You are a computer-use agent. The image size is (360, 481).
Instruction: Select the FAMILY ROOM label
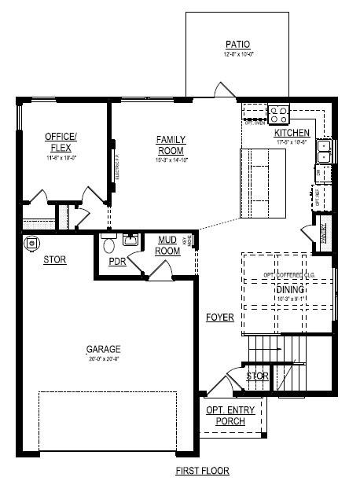(x=171, y=145)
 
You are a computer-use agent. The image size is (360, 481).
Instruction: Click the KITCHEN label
(x=292, y=133)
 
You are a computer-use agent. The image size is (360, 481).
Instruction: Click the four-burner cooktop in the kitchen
(x=279, y=116)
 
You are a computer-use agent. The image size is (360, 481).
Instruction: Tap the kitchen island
(x=263, y=183)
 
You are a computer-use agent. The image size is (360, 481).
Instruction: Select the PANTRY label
(x=323, y=233)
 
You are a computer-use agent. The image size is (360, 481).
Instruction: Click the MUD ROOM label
(x=168, y=245)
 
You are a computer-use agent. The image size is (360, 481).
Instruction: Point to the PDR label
(x=117, y=261)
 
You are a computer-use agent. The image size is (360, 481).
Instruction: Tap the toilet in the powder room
(x=109, y=242)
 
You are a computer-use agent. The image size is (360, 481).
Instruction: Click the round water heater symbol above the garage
(x=32, y=243)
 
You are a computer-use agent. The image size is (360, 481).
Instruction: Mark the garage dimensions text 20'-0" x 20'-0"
(x=103, y=359)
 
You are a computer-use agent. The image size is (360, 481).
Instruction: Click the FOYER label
(x=220, y=318)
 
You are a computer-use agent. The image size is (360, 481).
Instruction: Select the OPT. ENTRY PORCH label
(x=226, y=416)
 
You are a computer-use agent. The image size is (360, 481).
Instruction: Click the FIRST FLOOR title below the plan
(x=202, y=471)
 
